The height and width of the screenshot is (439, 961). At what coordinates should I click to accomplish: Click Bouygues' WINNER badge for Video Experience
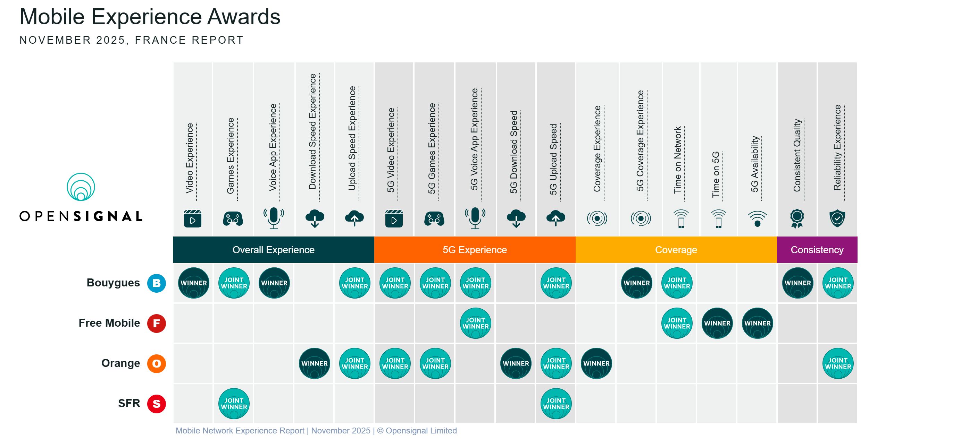[x=193, y=283]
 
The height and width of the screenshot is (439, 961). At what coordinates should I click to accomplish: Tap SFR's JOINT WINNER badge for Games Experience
[x=234, y=404]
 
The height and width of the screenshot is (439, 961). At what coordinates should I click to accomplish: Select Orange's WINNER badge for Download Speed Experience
[x=314, y=363]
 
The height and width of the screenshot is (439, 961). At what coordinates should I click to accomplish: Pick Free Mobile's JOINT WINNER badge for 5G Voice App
[x=475, y=323]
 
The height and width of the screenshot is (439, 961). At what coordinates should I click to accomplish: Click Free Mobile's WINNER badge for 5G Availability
[x=757, y=323]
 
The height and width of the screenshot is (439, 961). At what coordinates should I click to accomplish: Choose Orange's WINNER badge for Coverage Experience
[x=596, y=363]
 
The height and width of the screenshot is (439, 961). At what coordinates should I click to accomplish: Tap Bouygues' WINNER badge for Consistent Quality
[x=797, y=283]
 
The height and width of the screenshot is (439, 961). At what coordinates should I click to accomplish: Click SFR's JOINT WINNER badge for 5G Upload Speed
[x=556, y=404]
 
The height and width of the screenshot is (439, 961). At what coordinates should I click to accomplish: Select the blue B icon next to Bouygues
[x=156, y=283]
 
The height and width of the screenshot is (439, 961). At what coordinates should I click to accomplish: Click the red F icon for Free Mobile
[x=156, y=323]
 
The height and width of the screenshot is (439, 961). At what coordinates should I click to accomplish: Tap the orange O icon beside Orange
[x=156, y=363]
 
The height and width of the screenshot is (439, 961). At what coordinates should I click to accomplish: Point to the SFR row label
[x=129, y=403]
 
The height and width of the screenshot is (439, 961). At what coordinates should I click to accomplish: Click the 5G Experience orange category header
[x=475, y=250]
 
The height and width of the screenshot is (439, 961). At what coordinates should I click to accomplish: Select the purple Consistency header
[x=817, y=250]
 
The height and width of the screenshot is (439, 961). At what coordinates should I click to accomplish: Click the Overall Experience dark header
[x=273, y=250]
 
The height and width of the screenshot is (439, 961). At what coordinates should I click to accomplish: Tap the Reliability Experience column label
[x=837, y=148]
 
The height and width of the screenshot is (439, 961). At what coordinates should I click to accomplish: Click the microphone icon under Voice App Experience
[x=274, y=218]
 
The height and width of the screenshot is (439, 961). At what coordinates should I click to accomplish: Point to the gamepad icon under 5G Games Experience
[x=434, y=218]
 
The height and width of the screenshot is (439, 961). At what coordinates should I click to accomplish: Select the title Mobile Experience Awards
[x=150, y=17]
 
